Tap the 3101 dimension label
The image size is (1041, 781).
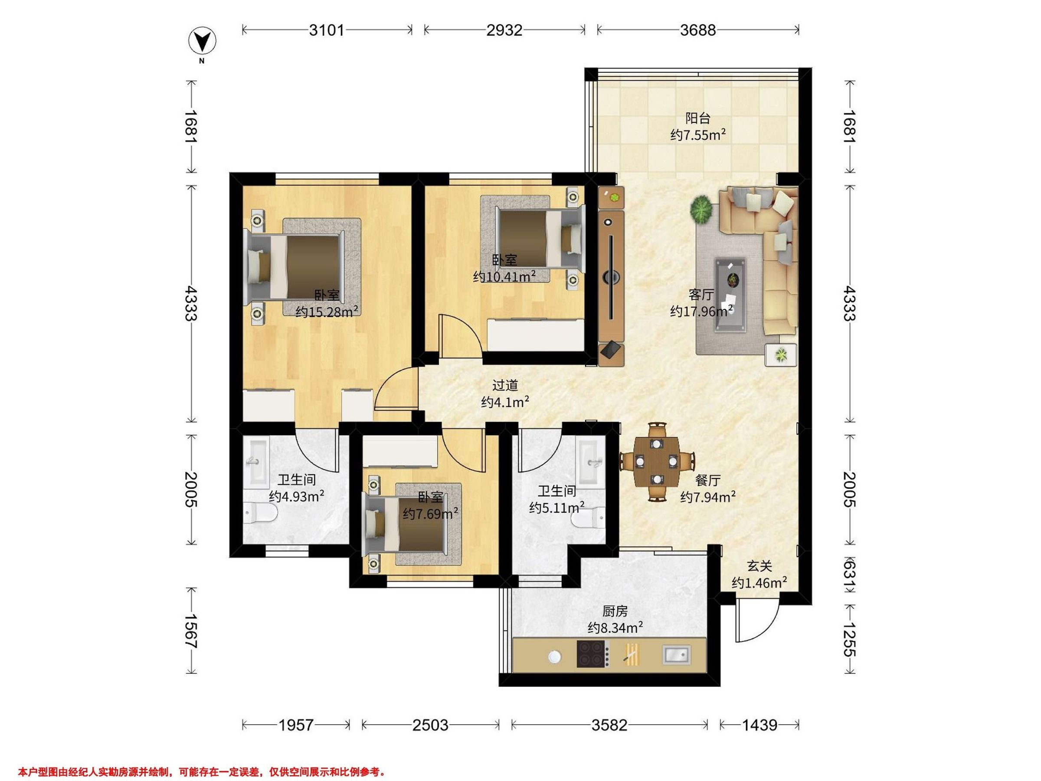tap(327, 30)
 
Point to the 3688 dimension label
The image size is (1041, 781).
tap(698, 30)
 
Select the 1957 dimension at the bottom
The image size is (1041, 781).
tap(295, 725)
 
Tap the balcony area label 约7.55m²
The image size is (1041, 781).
tap(698, 135)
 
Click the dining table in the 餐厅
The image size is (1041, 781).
tap(657, 462)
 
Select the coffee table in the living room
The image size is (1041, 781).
tap(730, 295)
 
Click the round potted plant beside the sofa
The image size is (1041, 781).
tap(702, 209)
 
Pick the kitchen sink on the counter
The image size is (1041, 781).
tap(677, 654)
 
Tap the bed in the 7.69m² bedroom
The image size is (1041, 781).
tap(404, 524)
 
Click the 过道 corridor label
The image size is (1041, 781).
tap(505, 386)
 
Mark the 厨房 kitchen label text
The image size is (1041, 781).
tap(615, 611)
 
